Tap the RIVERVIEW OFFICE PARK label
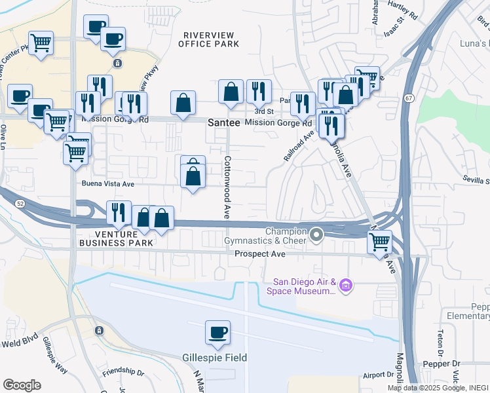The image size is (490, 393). [x=209, y=39]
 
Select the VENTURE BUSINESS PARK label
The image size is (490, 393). [x=117, y=238]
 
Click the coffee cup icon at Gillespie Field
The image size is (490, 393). [x=217, y=332]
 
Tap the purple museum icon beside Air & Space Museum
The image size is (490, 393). [x=347, y=286]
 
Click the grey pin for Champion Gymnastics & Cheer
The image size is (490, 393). [x=317, y=234]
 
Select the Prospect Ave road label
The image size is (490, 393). [x=260, y=253]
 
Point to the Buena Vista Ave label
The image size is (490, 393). [x=107, y=184]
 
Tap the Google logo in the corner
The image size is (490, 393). [x=22, y=384]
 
